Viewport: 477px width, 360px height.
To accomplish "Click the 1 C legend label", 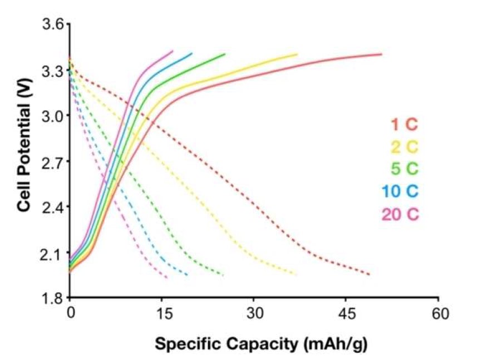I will (x=403, y=125).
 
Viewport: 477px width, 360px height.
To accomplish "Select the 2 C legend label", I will (x=403, y=147).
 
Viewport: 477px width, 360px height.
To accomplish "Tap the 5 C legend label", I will (x=403, y=169).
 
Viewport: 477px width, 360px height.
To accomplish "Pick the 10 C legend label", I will (x=400, y=191).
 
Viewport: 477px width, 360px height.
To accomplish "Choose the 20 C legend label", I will (x=400, y=214).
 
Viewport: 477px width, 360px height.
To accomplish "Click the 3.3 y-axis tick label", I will (x=54, y=70).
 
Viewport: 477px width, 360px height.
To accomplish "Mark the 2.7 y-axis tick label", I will (x=54, y=161).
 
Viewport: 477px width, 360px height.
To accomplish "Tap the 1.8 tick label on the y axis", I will (x=54, y=298).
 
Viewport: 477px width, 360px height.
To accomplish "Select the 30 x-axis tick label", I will (x=254, y=314).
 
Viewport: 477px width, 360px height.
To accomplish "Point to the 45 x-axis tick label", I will (x=346, y=314).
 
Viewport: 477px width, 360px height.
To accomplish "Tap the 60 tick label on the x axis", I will (x=439, y=314).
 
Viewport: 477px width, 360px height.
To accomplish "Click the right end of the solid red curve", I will (x=381, y=54).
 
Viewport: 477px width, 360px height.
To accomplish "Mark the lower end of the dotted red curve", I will (x=369, y=274).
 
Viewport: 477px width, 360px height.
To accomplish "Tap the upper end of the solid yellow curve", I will (x=297, y=54).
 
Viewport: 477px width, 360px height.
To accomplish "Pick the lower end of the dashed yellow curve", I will (x=296, y=274).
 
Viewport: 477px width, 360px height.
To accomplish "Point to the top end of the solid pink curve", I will (x=173, y=51).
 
